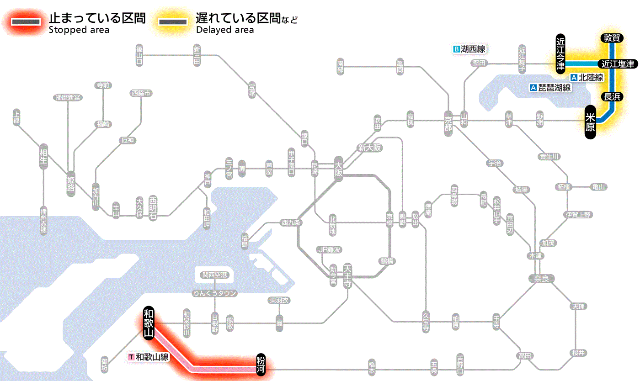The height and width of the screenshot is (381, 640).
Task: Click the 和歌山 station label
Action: pyautogui.click(x=148, y=323)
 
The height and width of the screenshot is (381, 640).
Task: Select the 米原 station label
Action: pyautogui.click(x=590, y=122)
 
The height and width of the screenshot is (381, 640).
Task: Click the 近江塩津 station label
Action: pyautogui.click(x=618, y=64)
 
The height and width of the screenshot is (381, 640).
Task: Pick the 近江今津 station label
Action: pyautogui.click(x=560, y=53)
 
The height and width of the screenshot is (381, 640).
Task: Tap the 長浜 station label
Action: pyautogui.click(x=612, y=96)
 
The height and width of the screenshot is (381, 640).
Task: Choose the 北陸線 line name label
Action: pyautogui.click(x=587, y=78)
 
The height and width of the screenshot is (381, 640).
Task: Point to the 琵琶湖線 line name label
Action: pyautogui.click(x=550, y=88)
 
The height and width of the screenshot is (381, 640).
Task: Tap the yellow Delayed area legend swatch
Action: pyautogui.click(x=172, y=21)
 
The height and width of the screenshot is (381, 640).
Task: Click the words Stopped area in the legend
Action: pyautogui.click(x=79, y=30)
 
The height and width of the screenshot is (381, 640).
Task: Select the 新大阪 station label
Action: pyautogui.click(x=369, y=148)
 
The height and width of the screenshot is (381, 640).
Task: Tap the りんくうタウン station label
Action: pyautogui.click(x=214, y=293)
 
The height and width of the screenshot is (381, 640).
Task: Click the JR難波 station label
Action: pyautogui.click(x=329, y=249)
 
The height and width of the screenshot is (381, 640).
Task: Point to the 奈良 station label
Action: pyautogui.click(x=541, y=278)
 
